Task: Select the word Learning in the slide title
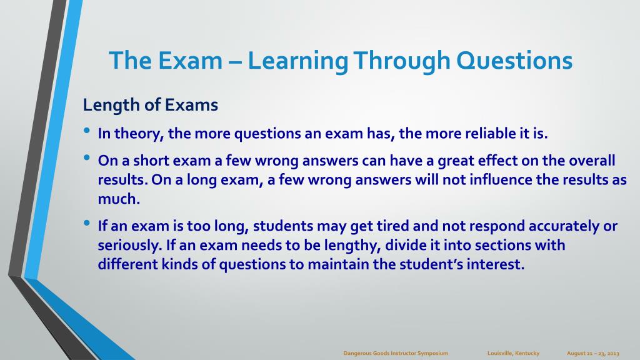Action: click(297, 61)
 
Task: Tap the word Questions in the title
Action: click(514, 61)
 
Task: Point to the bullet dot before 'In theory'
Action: click(86, 131)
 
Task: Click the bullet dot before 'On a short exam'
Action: click(86, 157)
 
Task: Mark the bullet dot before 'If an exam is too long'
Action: click(86, 223)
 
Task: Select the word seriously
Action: click(130, 245)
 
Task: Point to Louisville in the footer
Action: click(500, 353)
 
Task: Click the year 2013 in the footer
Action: click(613, 354)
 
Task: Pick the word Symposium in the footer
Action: click(432, 354)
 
